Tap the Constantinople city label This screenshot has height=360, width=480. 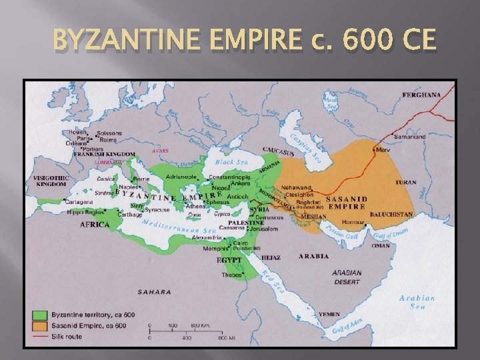click(x=230, y=178)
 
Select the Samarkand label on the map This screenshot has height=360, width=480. click(x=428, y=137)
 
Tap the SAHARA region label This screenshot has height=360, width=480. click(x=154, y=291)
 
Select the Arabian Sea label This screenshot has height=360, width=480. click(x=417, y=303)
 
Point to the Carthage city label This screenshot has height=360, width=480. click(x=130, y=215)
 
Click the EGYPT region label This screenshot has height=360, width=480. click(x=229, y=259)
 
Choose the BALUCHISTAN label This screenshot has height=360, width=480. click(x=393, y=215)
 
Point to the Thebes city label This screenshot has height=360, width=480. click(x=232, y=274)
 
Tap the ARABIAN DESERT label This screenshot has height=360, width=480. click(x=347, y=276)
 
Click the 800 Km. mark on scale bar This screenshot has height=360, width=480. click(x=199, y=326)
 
